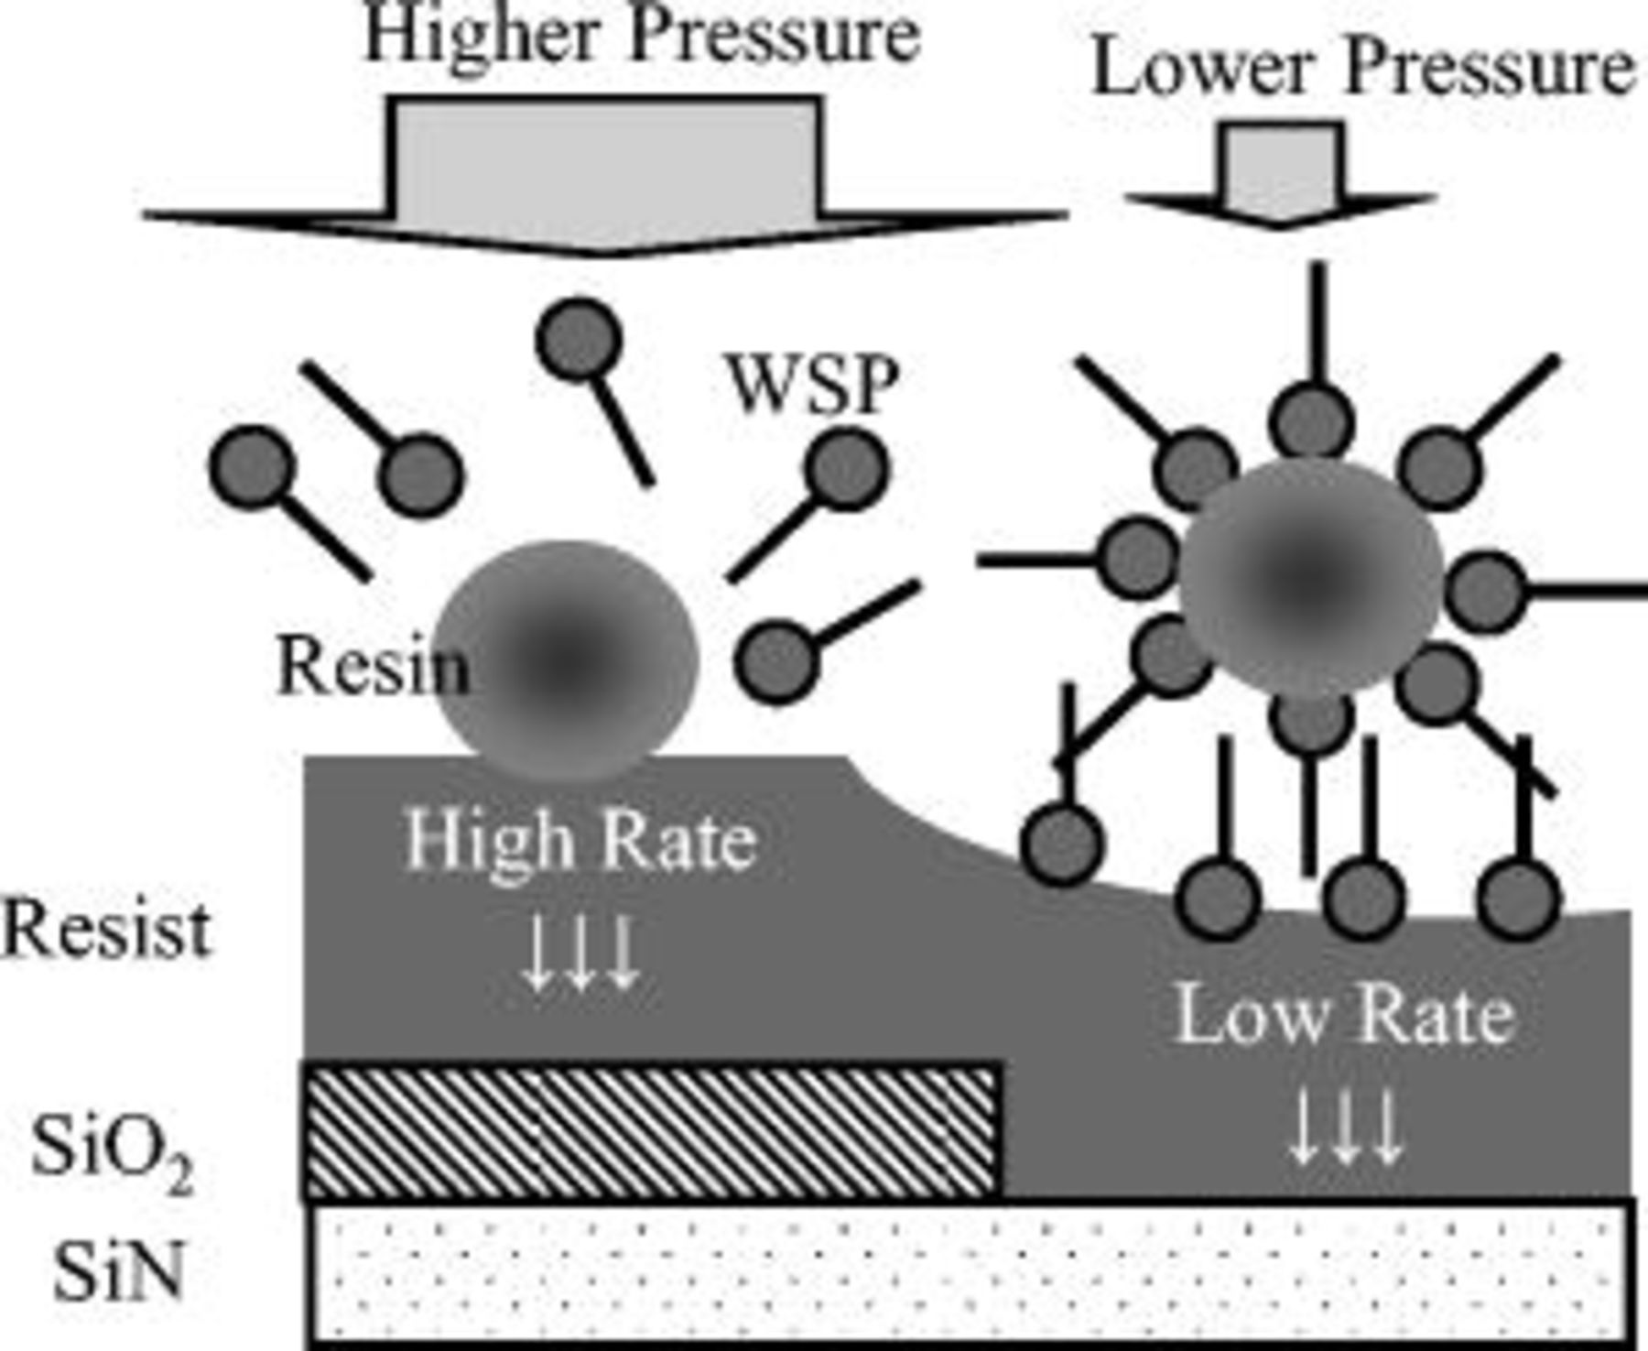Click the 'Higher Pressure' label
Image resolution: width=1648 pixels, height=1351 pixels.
(x=641, y=37)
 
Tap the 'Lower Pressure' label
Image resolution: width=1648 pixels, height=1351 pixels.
(x=1362, y=69)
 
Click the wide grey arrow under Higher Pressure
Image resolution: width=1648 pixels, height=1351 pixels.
(x=604, y=174)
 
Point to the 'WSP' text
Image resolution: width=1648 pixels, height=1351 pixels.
(x=813, y=385)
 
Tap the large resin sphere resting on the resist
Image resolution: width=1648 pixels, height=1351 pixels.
(x=566, y=659)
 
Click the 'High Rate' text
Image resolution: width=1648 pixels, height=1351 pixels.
(x=581, y=841)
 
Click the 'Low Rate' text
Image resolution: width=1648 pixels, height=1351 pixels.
(x=1344, y=1015)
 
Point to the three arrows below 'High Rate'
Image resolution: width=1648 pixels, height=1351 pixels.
(x=580, y=953)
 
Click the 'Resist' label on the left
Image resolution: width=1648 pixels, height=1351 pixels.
(x=105, y=930)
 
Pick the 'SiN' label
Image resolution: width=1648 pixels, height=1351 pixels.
(x=117, y=1271)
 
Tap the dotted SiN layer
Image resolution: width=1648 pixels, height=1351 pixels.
(x=970, y=1273)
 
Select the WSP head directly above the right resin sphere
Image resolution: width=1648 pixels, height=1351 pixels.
(x=1311, y=423)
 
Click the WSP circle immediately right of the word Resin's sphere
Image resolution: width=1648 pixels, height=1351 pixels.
(x=776, y=661)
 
